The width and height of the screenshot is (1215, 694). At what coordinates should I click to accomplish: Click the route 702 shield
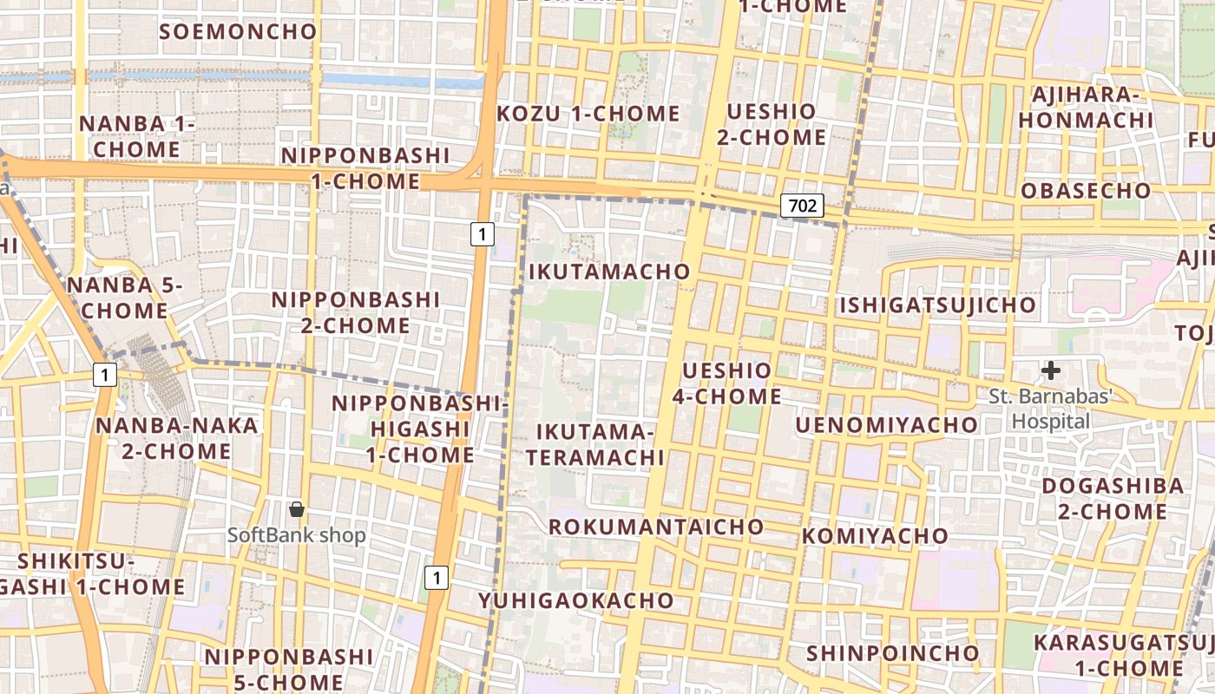pyautogui.click(x=802, y=206)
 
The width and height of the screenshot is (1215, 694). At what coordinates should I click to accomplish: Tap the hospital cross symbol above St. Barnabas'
pyautogui.click(x=1051, y=371)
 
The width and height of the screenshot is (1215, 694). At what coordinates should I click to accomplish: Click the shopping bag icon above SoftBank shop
pyautogui.click(x=297, y=509)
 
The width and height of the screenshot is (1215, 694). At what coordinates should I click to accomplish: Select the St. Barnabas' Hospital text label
pyautogui.click(x=1051, y=409)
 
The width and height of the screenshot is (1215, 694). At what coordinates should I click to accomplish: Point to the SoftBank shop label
pyautogui.click(x=297, y=535)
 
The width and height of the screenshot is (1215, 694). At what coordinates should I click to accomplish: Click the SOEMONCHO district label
pyautogui.click(x=239, y=32)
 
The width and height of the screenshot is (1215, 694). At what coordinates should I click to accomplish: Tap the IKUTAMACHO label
pyautogui.click(x=609, y=272)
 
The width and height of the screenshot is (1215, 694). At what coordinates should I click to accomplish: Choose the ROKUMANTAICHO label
pyautogui.click(x=656, y=527)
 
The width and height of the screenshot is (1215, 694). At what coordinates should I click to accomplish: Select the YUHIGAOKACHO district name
pyautogui.click(x=575, y=600)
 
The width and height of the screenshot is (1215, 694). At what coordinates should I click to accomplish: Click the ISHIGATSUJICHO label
pyautogui.click(x=937, y=305)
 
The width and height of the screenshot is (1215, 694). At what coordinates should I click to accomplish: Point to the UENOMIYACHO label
pyautogui.click(x=886, y=424)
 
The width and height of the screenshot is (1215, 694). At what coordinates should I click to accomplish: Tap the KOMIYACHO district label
pyautogui.click(x=875, y=535)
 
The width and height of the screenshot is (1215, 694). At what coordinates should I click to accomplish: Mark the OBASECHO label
pyautogui.click(x=1086, y=191)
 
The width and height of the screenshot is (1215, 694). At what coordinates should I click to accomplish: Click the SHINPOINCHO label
pyautogui.click(x=893, y=652)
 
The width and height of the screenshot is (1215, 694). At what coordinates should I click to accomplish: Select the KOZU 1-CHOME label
pyautogui.click(x=588, y=114)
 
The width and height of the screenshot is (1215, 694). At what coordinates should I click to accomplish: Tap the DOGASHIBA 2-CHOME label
pyautogui.click(x=1113, y=498)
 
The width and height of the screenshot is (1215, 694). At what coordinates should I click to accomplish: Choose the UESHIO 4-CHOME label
pyautogui.click(x=726, y=383)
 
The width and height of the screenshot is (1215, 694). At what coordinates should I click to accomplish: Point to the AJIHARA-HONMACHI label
pyautogui.click(x=1086, y=108)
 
